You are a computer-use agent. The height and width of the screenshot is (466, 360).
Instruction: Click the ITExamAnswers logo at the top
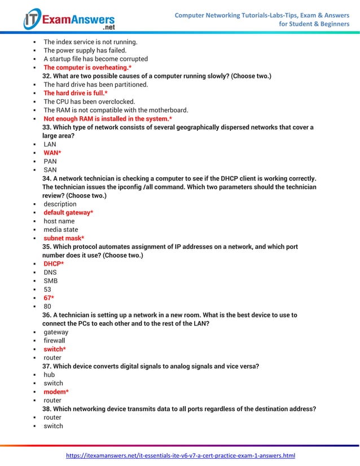[x=69, y=19]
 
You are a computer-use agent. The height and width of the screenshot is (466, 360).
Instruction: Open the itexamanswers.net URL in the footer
[x=181, y=455]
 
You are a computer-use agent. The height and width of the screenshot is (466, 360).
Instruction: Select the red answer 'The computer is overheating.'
[x=87, y=68]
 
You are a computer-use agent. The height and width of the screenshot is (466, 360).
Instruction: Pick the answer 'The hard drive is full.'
[x=75, y=93]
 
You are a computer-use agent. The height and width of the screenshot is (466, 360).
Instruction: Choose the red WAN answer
[x=52, y=153]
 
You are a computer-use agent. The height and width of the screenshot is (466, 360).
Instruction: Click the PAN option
[x=50, y=161]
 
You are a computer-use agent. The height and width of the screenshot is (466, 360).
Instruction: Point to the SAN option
[x=50, y=170]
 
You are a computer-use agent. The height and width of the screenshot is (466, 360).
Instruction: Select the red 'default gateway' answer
[x=68, y=213]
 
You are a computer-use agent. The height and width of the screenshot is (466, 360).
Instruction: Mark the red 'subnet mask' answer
[x=64, y=238]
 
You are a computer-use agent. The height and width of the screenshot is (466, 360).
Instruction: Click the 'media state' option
[x=61, y=230]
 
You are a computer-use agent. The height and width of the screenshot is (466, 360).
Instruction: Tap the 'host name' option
[x=59, y=221]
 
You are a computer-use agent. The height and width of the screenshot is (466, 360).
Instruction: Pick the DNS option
[x=50, y=272]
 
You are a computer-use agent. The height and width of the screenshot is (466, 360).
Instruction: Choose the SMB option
[x=51, y=281]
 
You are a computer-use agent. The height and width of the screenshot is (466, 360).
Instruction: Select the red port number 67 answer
[x=49, y=298]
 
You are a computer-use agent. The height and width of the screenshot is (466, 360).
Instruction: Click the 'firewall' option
[x=55, y=341]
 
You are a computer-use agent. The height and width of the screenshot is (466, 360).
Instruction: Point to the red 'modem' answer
[x=56, y=392]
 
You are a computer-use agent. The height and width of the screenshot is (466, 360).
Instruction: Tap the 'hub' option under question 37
[x=49, y=375]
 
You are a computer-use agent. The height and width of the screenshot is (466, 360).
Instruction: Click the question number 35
[x=47, y=247]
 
